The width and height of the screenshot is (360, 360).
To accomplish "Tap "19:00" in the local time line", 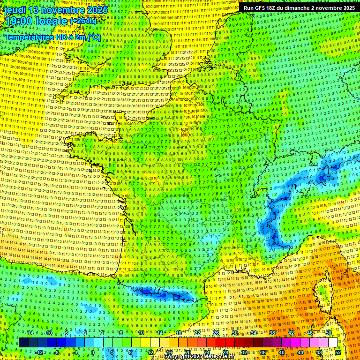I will [18, 21].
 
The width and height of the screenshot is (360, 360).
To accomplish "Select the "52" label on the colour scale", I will [337, 352].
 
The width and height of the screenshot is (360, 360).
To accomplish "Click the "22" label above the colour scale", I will [197, 333].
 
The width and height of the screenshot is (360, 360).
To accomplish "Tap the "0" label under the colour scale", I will [93, 352].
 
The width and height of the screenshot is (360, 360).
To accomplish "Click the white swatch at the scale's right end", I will [333, 343].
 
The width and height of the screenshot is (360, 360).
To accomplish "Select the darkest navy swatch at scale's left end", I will [23, 343].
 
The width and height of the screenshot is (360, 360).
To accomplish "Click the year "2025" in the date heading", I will [96, 10].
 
